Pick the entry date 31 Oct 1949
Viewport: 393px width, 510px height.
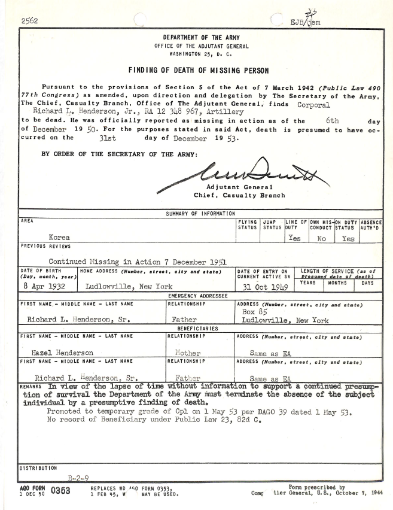263,287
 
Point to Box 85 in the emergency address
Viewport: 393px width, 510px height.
253,311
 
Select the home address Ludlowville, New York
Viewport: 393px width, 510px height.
129,286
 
